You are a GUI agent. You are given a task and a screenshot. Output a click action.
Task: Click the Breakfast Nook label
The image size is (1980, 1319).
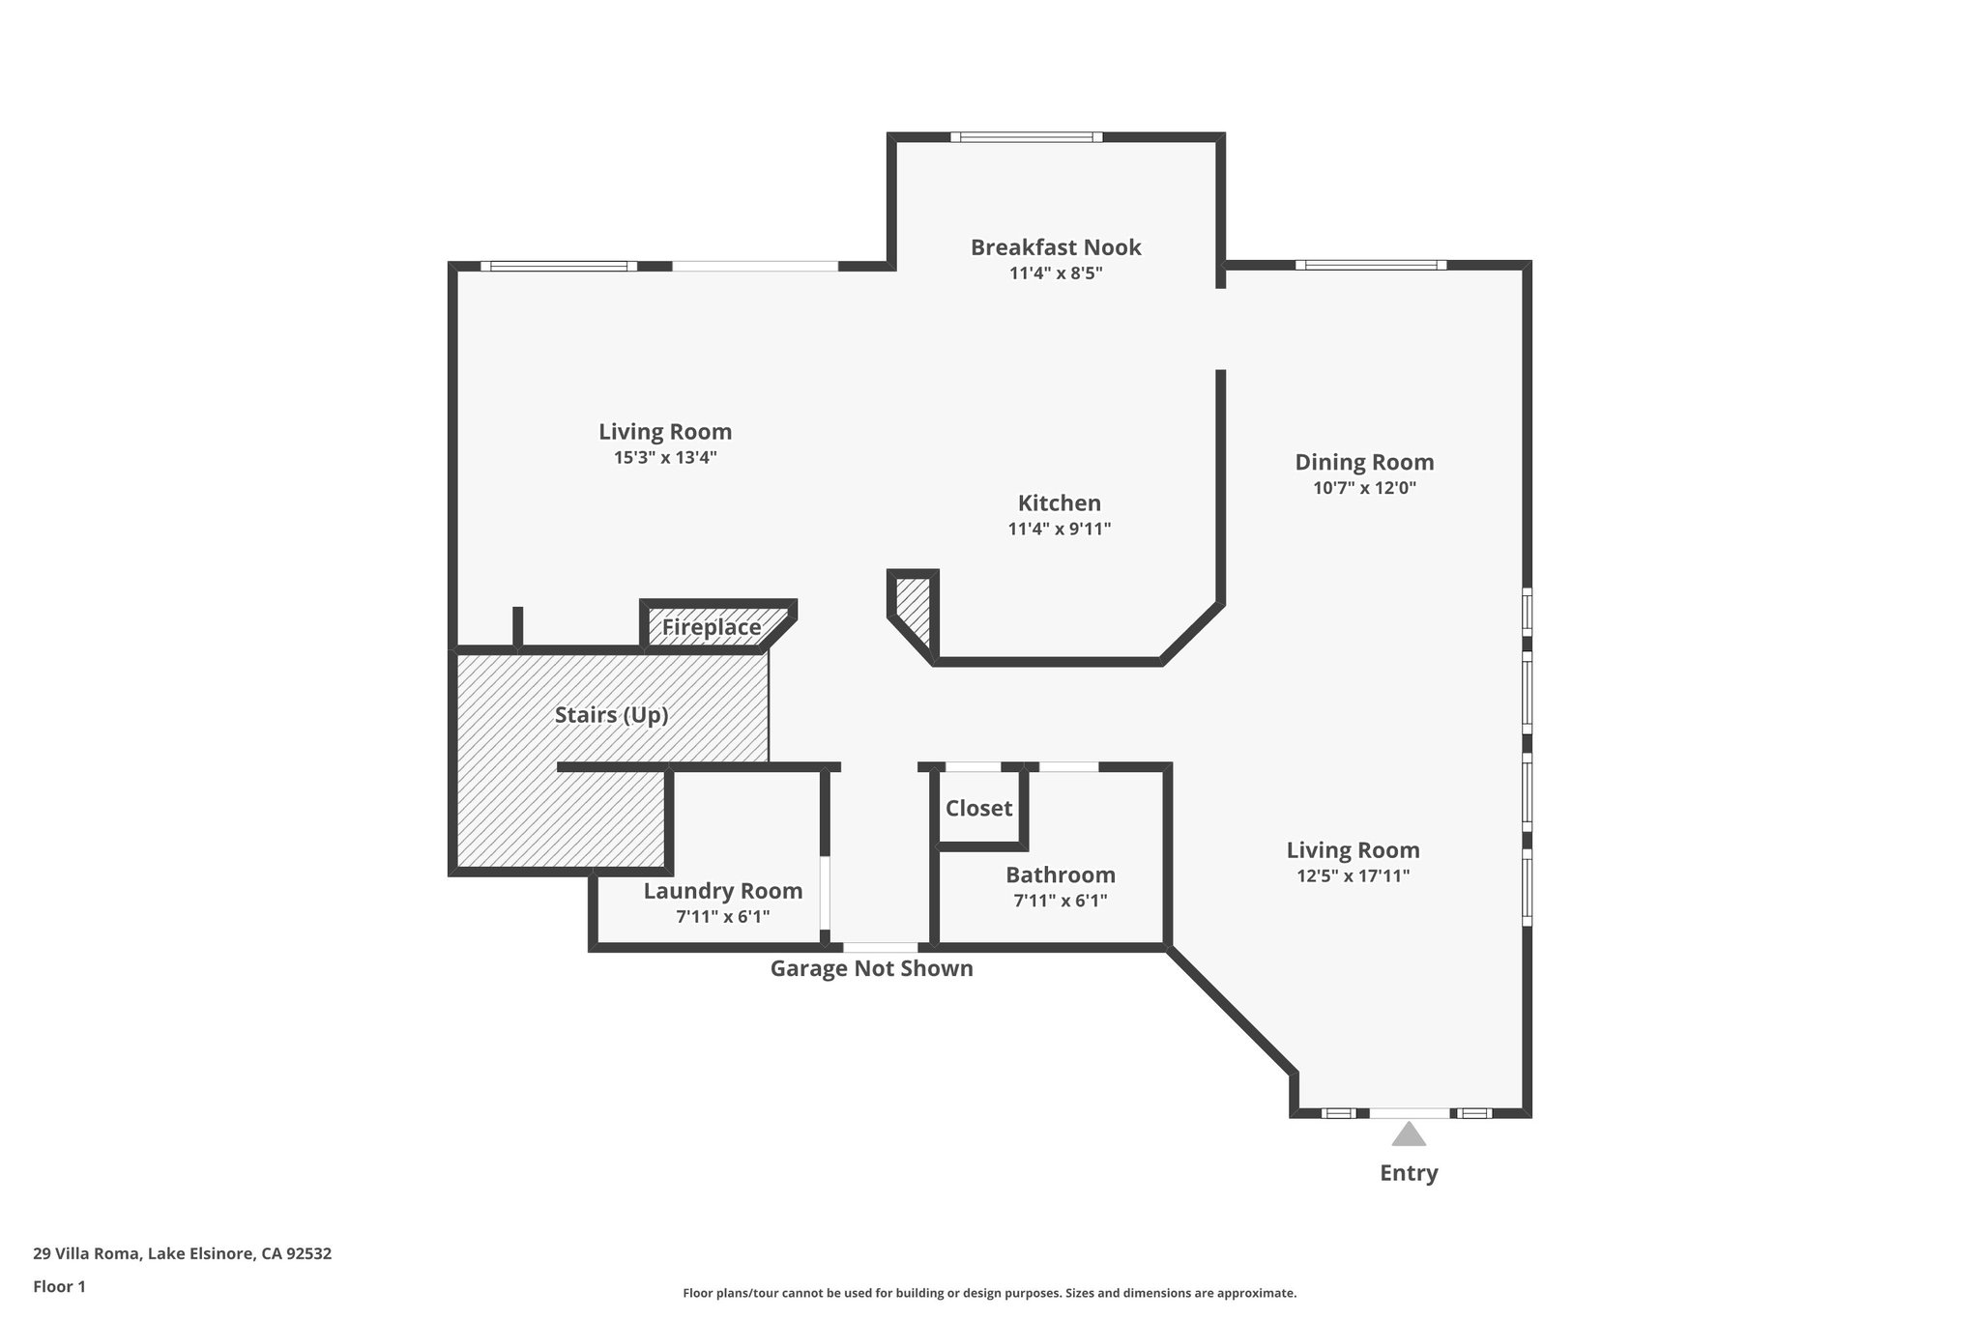(x=1056, y=247)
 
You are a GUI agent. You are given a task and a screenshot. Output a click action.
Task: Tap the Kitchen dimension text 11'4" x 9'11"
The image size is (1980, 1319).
(x=1059, y=529)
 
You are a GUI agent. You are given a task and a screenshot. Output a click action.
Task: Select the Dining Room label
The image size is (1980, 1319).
(x=1364, y=462)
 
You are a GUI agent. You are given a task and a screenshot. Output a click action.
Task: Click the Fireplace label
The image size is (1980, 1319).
(x=712, y=628)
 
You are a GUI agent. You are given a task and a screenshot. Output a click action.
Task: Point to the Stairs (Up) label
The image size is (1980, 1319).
(x=611, y=715)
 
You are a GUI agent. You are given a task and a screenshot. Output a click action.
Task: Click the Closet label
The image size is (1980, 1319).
(x=978, y=808)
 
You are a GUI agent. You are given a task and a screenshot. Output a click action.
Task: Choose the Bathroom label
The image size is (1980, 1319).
(x=1060, y=875)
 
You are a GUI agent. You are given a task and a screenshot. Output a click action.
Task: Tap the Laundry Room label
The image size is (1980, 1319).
(x=722, y=891)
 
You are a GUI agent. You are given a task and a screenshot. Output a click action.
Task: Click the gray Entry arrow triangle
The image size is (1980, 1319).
(x=1409, y=1134)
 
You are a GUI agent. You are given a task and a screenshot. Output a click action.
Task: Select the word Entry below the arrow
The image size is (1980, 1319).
(x=1409, y=1173)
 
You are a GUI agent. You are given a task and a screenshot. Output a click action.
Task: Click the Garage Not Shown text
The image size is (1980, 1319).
(x=871, y=968)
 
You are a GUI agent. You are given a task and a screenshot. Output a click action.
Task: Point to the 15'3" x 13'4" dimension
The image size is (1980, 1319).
(x=665, y=457)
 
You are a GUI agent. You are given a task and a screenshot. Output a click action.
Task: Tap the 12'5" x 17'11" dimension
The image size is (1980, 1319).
(x=1353, y=876)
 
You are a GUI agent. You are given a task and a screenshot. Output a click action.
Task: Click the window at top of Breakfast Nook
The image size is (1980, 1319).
(x=1026, y=137)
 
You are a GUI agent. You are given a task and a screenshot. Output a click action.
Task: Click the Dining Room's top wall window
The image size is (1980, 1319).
(x=1370, y=265)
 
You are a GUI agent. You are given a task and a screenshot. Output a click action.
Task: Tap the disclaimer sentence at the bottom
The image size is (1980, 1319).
(x=989, y=1293)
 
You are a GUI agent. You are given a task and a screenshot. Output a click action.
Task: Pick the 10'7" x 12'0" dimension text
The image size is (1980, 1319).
(x=1364, y=488)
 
